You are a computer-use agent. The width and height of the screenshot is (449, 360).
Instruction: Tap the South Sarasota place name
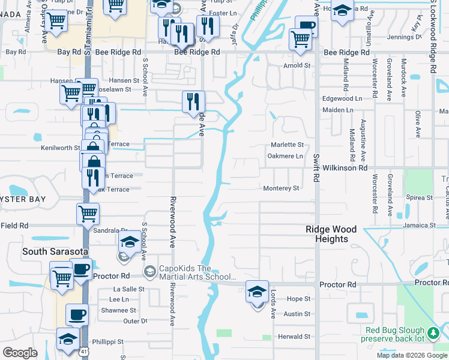coord(56,251)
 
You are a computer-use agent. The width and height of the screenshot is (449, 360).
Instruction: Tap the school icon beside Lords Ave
coord(257,293)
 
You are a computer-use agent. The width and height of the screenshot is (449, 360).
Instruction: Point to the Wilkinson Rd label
coord(345,169)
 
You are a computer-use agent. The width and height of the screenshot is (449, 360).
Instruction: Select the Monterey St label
coord(281,188)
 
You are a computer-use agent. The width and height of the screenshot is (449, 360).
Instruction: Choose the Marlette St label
coord(287,145)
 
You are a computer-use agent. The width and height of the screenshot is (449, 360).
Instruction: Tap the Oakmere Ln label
coord(285,156)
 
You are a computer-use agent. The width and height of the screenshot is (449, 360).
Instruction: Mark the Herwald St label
coord(294,337)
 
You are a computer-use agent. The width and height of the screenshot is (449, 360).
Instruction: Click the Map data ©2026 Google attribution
coord(412,355)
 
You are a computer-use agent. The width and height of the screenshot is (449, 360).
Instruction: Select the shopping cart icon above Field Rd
coord(88,214)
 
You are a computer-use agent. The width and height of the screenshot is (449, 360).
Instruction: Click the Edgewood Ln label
coord(342,98)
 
